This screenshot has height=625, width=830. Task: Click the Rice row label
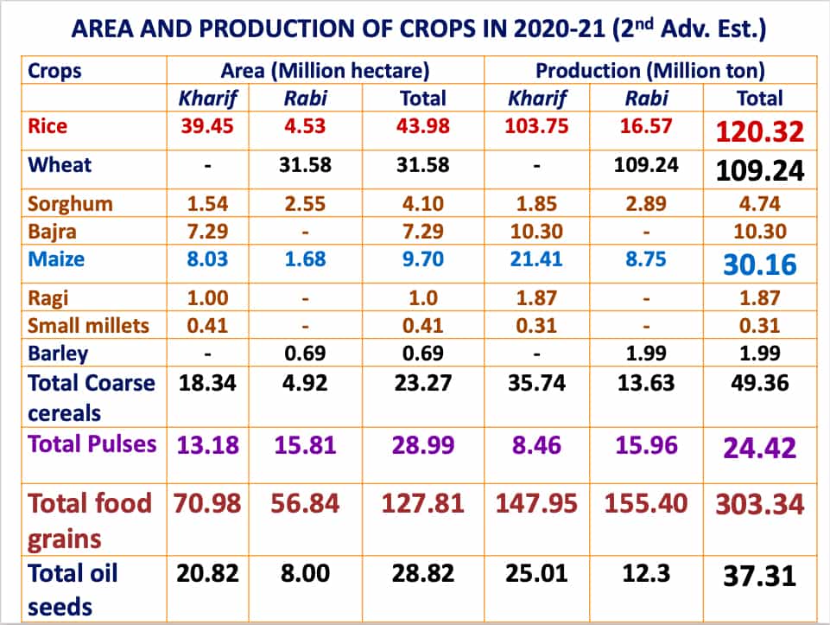[x=48, y=125]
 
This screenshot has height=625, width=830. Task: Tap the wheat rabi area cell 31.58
[x=306, y=164]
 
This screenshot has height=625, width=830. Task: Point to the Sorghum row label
[x=69, y=204]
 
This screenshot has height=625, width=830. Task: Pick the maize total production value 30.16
[x=759, y=264]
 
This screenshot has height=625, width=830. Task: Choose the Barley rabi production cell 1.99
[x=647, y=354]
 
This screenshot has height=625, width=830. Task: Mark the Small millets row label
[x=88, y=326]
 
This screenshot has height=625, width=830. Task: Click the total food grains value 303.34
[x=759, y=503]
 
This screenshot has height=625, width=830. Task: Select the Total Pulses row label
[x=92, y=443]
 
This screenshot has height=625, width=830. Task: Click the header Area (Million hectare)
[x=325, y=71]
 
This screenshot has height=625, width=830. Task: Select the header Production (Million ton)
[x=649, y=71]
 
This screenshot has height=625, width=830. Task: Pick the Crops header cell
[x=55, y=71]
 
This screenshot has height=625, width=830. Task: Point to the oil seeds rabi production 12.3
[x=647, y=574]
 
